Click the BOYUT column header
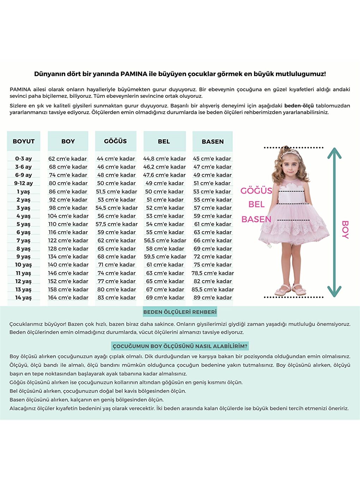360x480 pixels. [x=24, y=142]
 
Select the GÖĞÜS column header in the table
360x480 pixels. [x=115, y=141]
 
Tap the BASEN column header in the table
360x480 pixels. [x=212, y=142]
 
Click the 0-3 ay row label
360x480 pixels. [x=23, y=159]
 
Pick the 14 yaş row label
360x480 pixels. [x=23, y=298]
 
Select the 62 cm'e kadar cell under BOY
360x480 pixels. [x=67, y=159]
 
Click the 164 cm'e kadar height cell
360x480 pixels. [x=68, y=298]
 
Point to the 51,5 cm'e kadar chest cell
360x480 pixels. [x=116, y=192]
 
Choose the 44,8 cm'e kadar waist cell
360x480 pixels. [x=164, y=159]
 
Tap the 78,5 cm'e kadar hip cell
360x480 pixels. [x=212, y=273]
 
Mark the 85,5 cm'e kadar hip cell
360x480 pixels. [x=212, y=289]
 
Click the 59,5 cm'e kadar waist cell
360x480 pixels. [x=165, y=257]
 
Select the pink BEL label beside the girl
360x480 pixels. [x=256, y=204]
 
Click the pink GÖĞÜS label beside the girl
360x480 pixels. [x=256, y=191]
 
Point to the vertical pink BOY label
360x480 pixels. [x=345, y=229]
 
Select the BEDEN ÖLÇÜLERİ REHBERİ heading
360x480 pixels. [x=180, y=312]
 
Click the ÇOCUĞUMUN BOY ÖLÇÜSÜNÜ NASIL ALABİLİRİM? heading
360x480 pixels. [x=180, y=346]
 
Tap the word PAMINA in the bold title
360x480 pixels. [x=134, y=74]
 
